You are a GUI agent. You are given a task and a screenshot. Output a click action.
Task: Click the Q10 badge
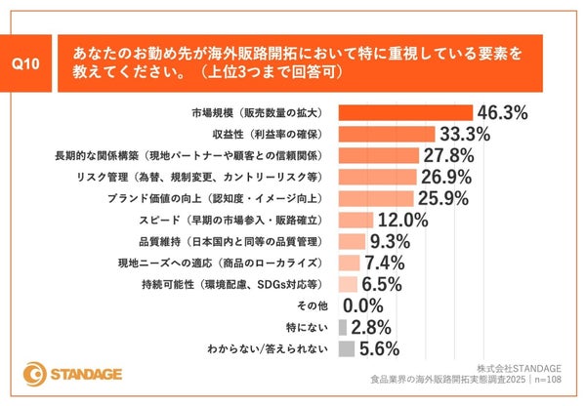pos(28,63)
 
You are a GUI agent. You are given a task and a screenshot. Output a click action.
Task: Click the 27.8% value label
pos(451,155)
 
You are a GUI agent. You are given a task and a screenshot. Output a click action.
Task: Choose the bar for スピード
pos(356,220)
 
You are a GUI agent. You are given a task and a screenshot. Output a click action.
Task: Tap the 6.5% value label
pos(383,284)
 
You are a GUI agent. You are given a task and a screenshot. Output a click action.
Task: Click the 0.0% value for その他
pos(363,305)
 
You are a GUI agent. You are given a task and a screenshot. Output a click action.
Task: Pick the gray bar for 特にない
pos(343,327)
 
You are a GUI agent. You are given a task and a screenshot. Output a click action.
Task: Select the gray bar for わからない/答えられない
pos(347,348)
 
